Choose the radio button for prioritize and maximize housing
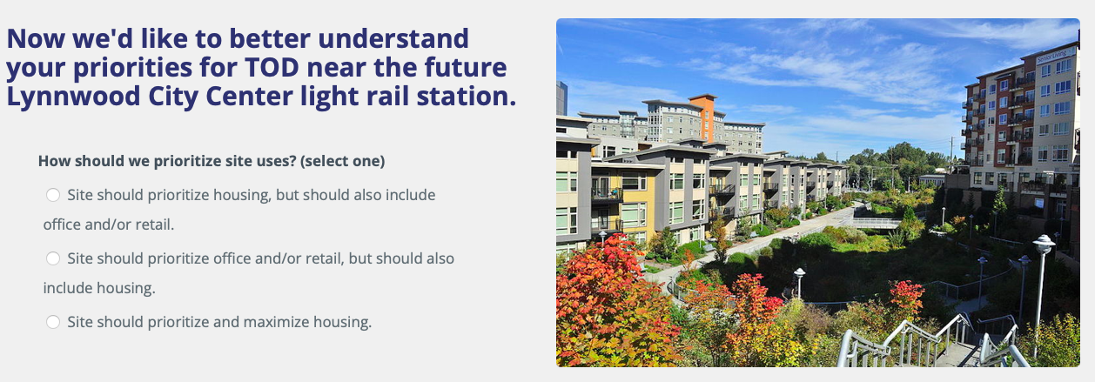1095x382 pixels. coord(53,322)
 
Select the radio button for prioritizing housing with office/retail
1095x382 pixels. coord(53,195)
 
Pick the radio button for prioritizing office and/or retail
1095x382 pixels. coord(53,258)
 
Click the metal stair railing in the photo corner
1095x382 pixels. coord(923,345)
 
